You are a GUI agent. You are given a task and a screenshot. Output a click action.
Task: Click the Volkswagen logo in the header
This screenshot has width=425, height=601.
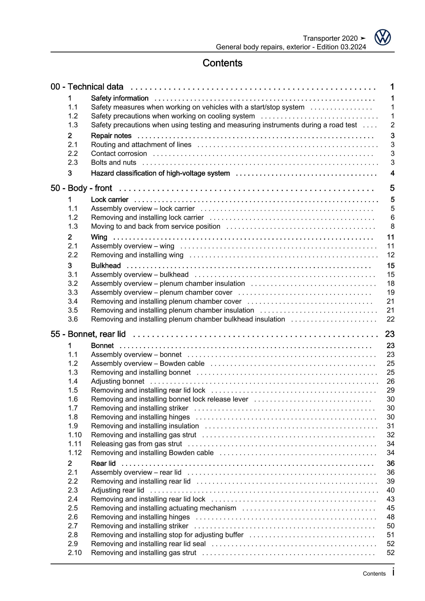pos(382,38)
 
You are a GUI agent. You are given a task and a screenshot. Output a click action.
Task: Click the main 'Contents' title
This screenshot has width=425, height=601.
pos(222,63)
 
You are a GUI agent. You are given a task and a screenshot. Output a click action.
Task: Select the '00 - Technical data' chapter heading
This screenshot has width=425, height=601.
pos(87,87)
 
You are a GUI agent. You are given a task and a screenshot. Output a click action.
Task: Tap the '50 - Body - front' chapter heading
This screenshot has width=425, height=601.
pos(81,188)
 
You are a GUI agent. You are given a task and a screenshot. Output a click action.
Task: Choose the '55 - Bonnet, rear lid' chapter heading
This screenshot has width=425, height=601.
pos(88,334)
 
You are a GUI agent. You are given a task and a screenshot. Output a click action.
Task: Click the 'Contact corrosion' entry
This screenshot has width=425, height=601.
pos(119,153)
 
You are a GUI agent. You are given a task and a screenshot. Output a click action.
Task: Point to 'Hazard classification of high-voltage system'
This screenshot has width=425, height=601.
pos(160,173)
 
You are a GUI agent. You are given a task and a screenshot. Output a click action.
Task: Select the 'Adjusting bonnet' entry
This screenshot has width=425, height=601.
pos(118,381)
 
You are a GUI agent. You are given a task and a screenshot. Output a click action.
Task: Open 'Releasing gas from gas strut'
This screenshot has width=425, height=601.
pos(136,444)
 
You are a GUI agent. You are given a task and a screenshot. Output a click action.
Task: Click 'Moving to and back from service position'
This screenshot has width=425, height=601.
pos(156,226)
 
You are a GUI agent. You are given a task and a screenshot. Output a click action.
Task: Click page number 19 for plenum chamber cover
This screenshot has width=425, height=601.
pos(390,292)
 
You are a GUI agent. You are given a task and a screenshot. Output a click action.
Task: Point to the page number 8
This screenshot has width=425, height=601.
pos(392,226)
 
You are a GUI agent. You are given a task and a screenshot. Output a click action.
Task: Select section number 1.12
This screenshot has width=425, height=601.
pos(75,453)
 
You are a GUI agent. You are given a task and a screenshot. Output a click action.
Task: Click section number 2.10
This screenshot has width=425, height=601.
pos(75,553)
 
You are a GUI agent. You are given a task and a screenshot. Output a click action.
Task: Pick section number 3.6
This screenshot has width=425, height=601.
pos(73,319)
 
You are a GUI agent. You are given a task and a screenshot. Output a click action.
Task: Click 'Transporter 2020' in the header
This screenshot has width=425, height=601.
pos(330,38)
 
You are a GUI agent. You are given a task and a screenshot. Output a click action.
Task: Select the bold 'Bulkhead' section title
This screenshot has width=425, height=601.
pos(106,266)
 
